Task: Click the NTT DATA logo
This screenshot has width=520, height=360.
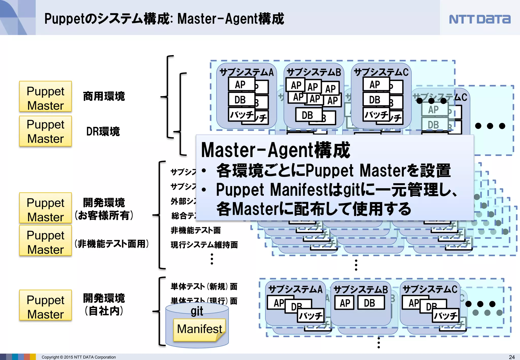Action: (479, 19)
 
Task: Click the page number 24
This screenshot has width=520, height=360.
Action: (512, 357)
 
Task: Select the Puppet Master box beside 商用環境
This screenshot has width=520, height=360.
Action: (45, 97)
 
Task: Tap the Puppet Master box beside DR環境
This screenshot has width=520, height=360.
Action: (45, 131)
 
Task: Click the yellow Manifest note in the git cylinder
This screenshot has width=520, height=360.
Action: (199, 330)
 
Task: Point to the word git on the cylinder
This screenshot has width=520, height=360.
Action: (197, 311)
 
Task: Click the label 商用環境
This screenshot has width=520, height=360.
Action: (104, 96)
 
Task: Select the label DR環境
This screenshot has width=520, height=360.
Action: (103, 132)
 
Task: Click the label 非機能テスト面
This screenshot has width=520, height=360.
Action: (196, 230)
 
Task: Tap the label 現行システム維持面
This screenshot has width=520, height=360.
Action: (204, 245)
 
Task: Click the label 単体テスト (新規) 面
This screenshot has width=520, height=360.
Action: (204, 287)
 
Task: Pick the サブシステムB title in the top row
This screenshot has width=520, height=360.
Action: (314, 73)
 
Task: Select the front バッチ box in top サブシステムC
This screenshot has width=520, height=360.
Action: (376, 114)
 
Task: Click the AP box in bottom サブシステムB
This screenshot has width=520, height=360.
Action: (345, 303)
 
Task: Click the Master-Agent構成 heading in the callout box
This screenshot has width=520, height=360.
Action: (275, 150)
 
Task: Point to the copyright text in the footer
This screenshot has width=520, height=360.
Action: (79, 357)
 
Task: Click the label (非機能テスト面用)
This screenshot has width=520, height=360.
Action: (111, 244)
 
